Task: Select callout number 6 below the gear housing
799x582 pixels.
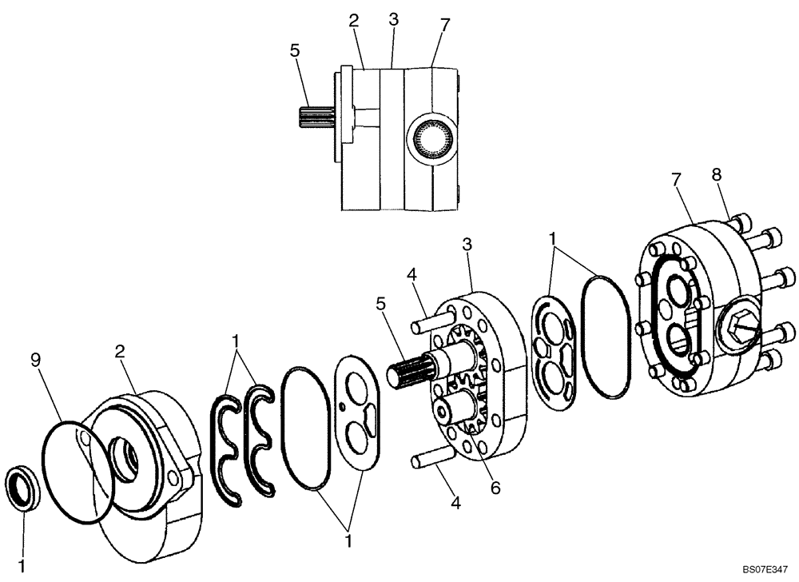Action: click(495, 488)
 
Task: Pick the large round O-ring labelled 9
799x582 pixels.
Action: click(74, 472)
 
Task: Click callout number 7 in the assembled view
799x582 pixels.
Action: click(445, 25)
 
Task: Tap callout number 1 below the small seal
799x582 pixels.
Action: click(22, 566)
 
